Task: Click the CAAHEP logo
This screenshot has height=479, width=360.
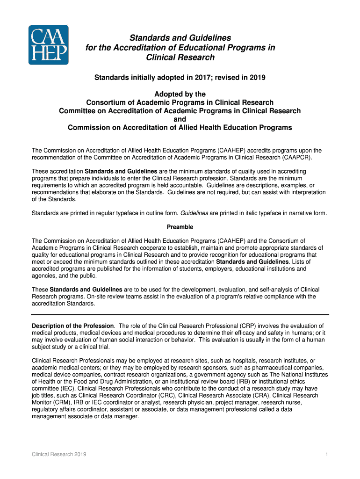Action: [49, 45]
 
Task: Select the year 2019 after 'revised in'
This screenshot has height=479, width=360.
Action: [243, 78]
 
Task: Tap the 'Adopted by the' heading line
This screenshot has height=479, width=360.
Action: [180, 94]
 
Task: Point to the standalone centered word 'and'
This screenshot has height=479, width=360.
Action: [180, 119]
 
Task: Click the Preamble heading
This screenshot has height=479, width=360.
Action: [180, 227]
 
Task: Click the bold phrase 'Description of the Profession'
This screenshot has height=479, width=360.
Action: [72, 326]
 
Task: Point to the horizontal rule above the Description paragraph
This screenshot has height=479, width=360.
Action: [180, 314]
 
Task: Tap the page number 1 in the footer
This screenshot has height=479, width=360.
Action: [324, 455]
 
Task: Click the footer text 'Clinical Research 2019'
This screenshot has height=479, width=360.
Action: [58, 455]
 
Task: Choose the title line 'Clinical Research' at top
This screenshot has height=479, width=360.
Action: [180, 58]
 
